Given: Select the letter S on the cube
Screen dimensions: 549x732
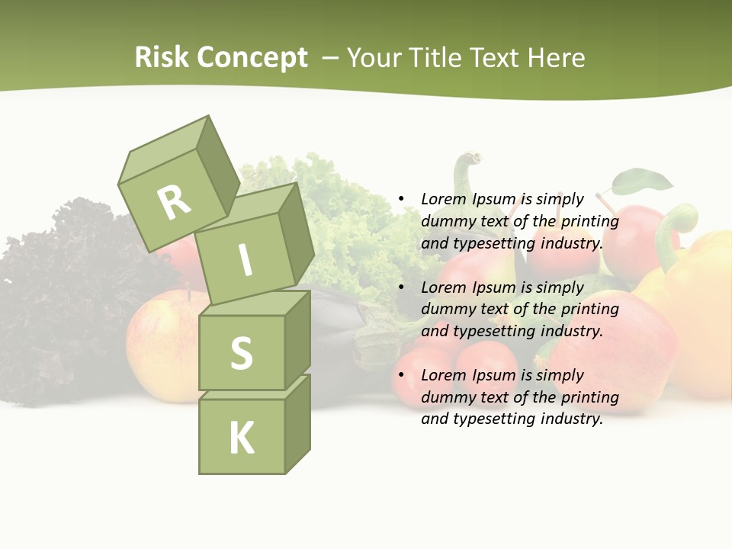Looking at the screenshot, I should (241, 353).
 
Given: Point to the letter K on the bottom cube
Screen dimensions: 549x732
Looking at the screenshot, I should (241, 438).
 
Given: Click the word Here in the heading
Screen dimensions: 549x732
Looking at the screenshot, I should (558, 57).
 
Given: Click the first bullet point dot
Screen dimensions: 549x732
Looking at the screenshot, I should (400, 199).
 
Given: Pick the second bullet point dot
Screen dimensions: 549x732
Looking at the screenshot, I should (400, 287).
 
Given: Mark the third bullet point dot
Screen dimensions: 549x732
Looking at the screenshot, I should (400, 375).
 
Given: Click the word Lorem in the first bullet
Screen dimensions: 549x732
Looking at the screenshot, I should (441, 199).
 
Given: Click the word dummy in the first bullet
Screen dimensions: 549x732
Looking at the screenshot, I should (448, 221).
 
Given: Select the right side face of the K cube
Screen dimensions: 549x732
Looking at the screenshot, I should (297, 423).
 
